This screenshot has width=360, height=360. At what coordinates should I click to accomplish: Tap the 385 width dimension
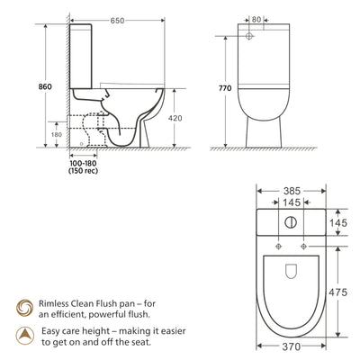tap(291, 192)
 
